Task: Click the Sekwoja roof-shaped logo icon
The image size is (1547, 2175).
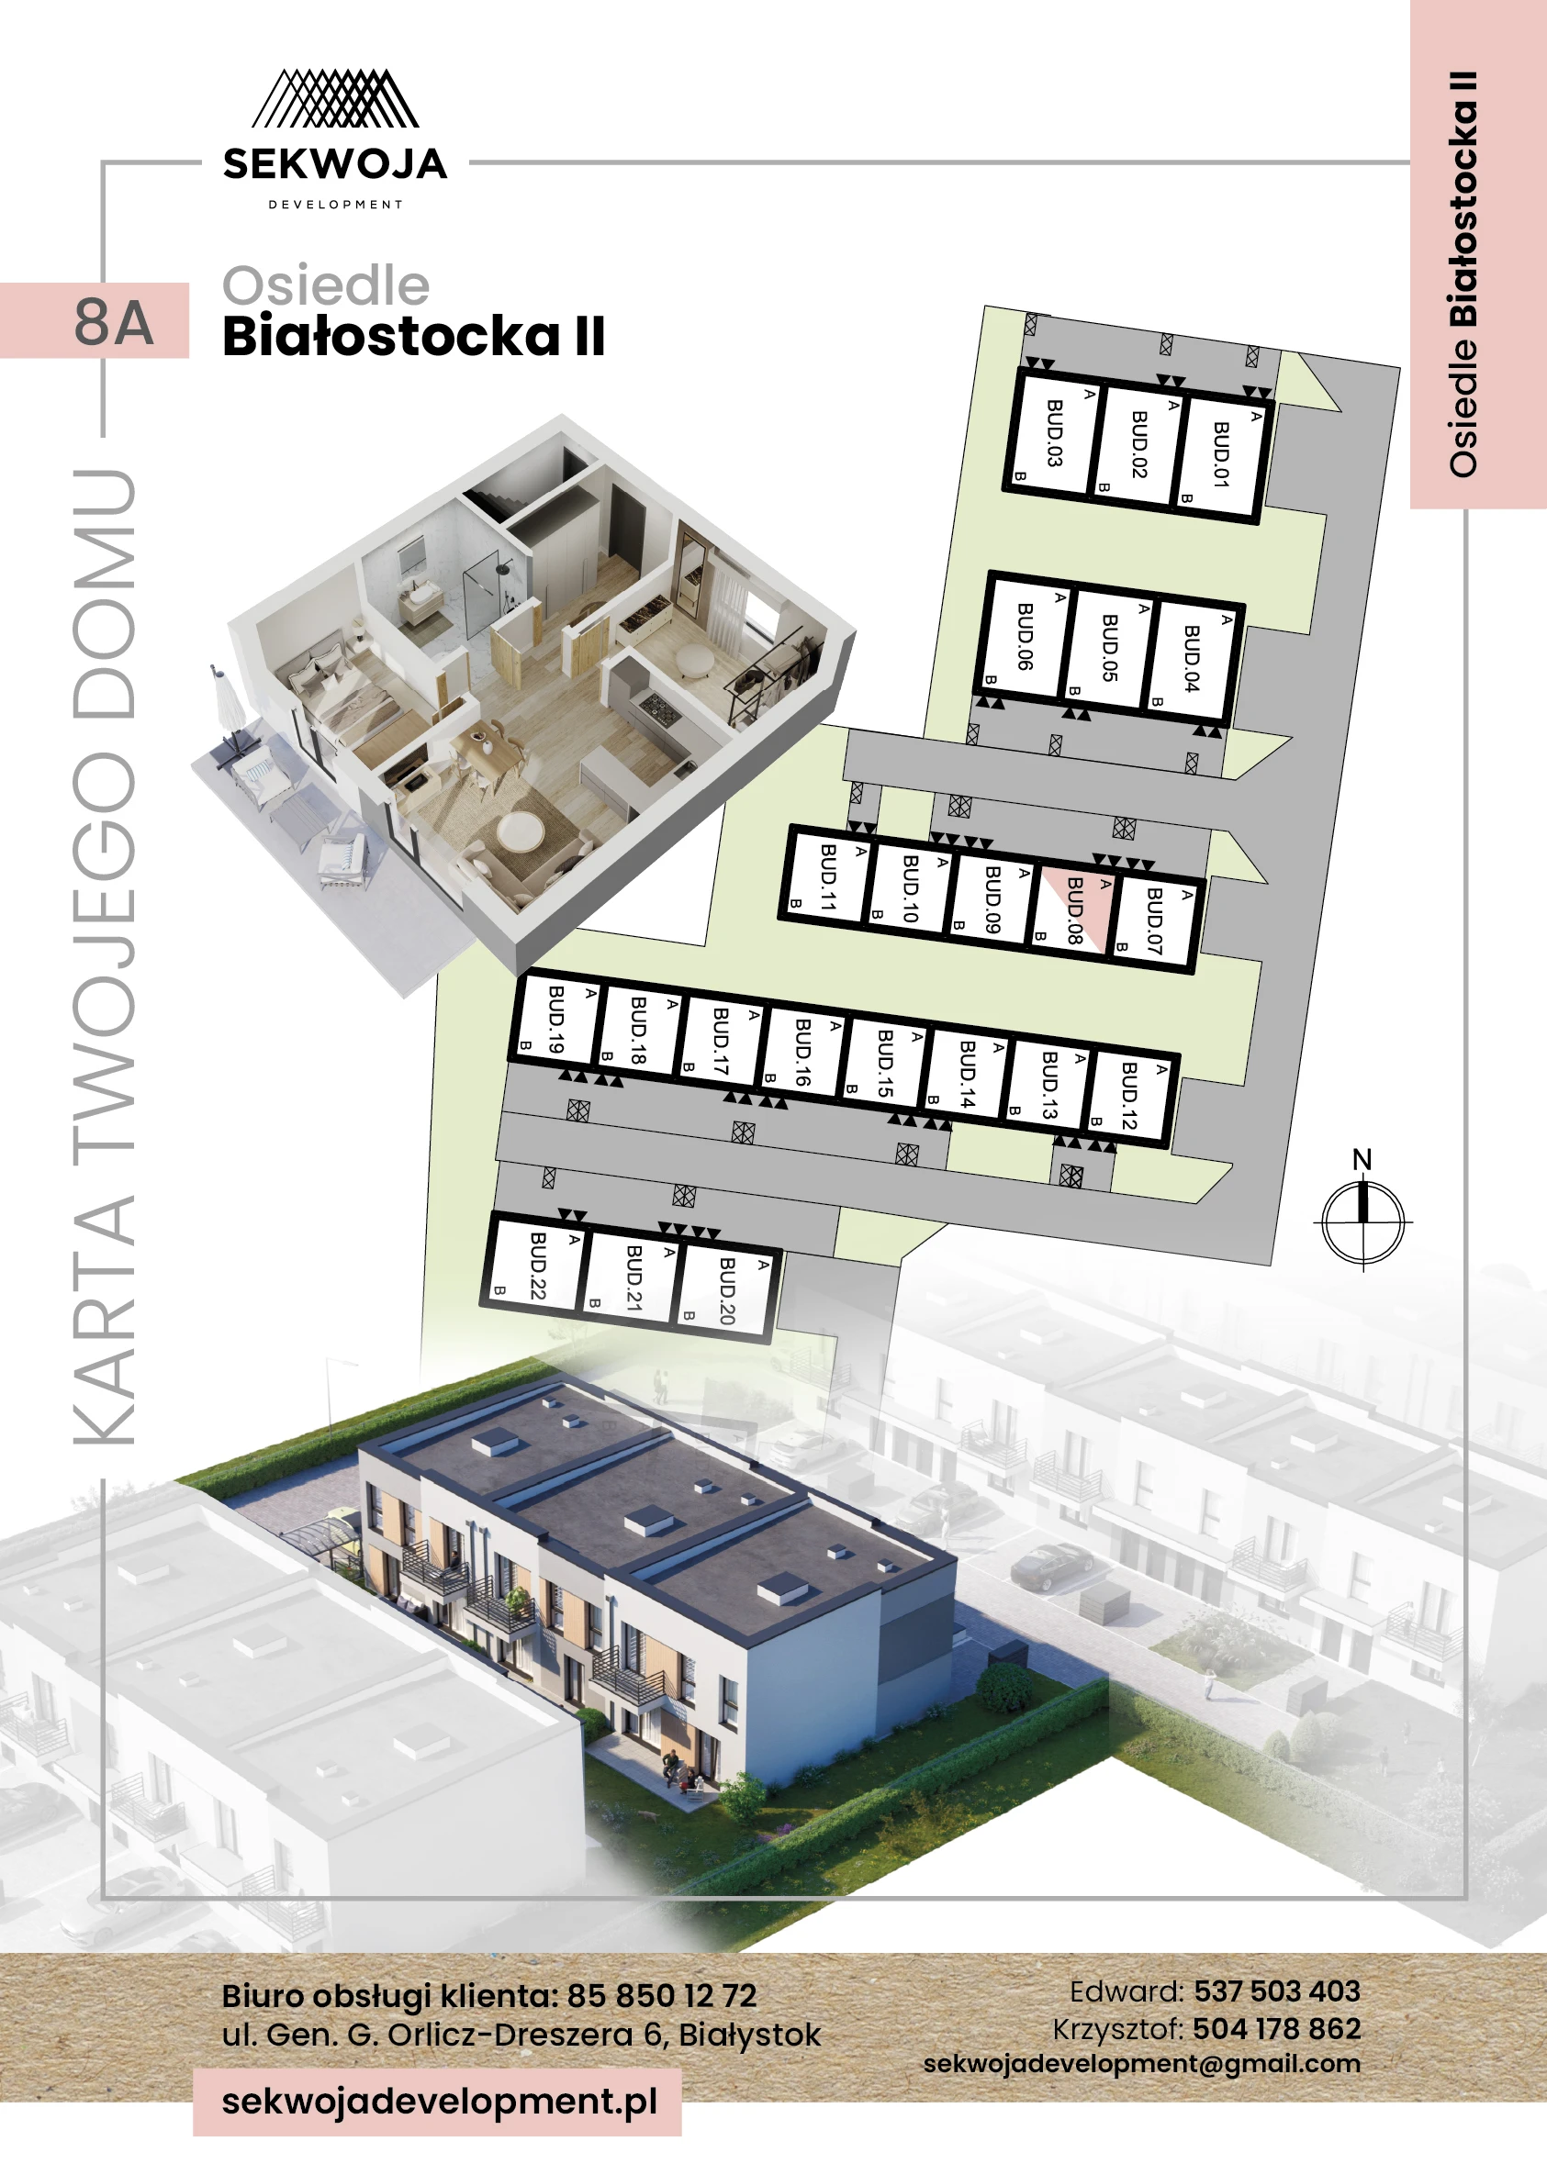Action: click(334, 98)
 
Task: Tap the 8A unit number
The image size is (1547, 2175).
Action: click(113, 322)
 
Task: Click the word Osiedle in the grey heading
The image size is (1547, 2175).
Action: click(326, 285)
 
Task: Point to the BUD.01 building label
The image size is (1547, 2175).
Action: click(1221, 454)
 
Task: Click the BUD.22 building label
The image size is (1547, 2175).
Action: click(537, 1265)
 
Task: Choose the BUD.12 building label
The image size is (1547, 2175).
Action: click(1130, 1096)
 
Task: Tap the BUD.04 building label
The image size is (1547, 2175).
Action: click(1192, 658)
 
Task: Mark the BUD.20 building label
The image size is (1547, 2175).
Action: click(727, 1290)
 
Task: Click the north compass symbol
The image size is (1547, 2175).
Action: click(1363, 1219)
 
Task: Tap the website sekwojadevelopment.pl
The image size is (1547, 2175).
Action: click(439, 2100)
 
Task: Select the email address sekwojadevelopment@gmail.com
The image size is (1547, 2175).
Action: click(1141, 2063)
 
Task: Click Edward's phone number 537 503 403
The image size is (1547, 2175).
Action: click(1276, 1991)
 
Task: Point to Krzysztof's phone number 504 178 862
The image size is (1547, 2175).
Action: click(1276, 2028)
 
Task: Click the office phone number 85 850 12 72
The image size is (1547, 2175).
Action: click(661, 1995)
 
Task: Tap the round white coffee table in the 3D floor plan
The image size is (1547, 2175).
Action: click(521, 831)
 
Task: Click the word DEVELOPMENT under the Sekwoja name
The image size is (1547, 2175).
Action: click(335, 205)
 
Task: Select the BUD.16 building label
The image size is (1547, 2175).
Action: click(803, 1053)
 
